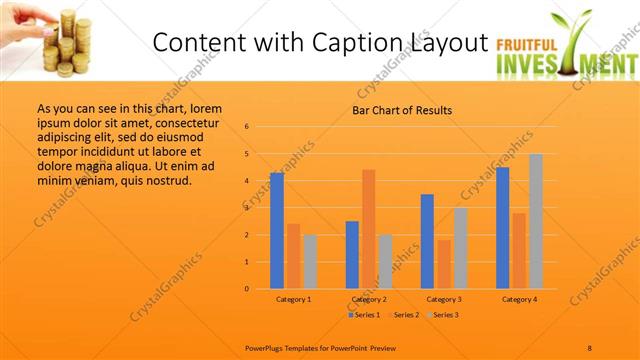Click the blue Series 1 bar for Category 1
pyautogui.click(x=277, y=230)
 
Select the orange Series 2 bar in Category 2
pyautogui.click(x=368, y=229)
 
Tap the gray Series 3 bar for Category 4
pyautogui.click(x=535, y=221)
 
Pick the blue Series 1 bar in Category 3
pyautogui.click(x=427, y=241)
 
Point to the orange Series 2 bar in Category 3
pyautogui.click(x=443, y=264)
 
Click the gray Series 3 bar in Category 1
pyautogui.click(x=310, y=261)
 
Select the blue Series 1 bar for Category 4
pyautogui.click(x=502, y=228)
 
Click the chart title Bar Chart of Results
pyautogui.click(x=401, y=110)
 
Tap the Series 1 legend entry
pyautogui.click(x=366, y=315)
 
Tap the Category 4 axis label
pyautogui.click(x=519, y=299)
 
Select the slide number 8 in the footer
pyautogui.click(x=590, y=347)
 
